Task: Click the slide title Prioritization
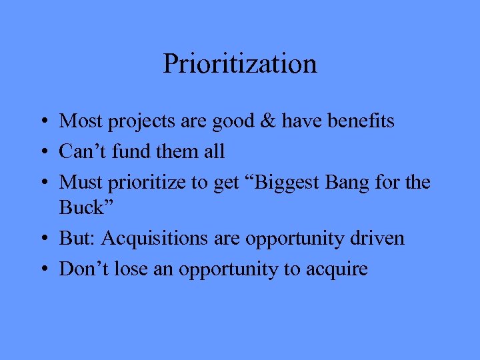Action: [x=239, y=65]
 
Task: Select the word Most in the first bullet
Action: [x=77, y=121]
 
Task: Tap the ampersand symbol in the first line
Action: [x=266, y=121]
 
